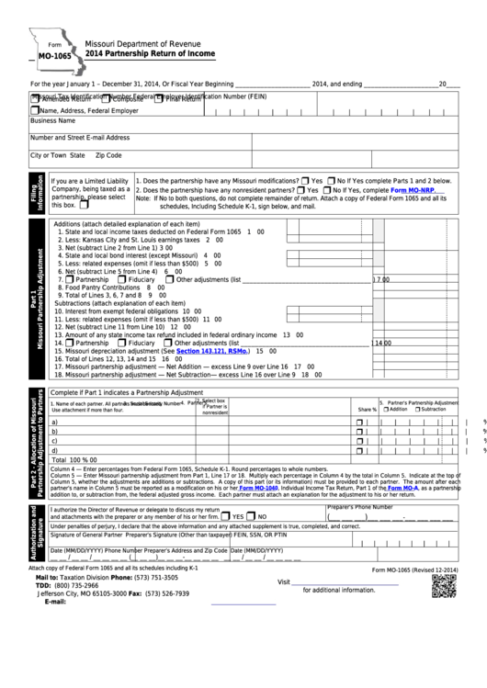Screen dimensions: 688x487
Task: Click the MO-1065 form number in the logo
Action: (54, 56)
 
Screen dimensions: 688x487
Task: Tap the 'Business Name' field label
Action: (53, 120)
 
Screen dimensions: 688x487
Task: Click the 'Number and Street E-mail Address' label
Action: (80, 138)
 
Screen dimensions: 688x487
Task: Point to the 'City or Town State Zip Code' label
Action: (75, 155)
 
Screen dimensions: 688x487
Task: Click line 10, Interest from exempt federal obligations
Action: (124, 311)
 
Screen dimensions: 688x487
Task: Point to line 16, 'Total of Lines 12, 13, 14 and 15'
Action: (119, 359)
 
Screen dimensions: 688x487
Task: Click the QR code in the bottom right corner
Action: (443, 584)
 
